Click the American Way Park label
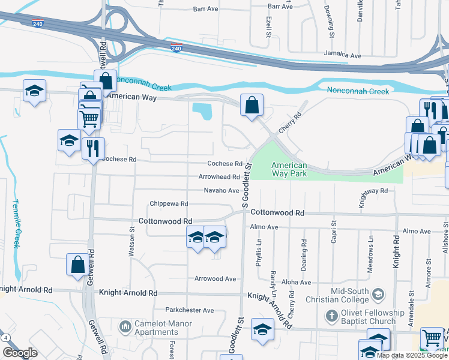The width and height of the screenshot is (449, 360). (289, 169)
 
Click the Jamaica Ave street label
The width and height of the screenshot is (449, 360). (342, 55)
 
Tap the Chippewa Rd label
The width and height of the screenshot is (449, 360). (169, 204)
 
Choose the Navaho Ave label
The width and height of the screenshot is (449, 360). (221, 190)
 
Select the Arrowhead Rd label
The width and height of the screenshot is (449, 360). (220, 177)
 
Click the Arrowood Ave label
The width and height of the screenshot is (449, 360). (215, 278)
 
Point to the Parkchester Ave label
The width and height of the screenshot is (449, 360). (190, 310)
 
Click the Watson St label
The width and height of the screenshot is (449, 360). (131, 241)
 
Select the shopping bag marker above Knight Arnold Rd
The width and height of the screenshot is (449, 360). (77, 265)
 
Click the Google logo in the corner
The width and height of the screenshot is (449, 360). (20, 353)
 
